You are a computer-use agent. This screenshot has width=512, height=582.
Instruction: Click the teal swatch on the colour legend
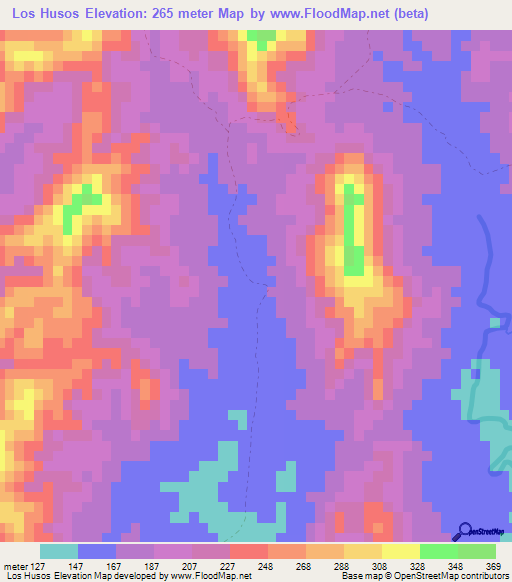59,550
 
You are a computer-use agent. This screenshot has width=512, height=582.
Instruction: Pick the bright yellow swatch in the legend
400,550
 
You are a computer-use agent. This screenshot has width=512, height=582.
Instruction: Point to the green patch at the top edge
262,39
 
